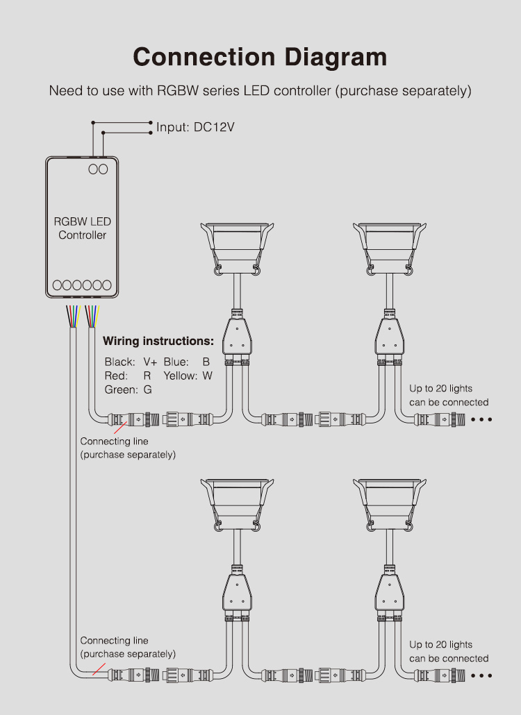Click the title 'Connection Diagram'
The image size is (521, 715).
coord(260,57)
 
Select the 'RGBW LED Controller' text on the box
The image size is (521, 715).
coord(83,228)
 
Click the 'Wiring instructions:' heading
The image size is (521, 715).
coord(158,341)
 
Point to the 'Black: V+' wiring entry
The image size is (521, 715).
coord(131,362)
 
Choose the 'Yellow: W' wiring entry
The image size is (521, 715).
coord(188,376)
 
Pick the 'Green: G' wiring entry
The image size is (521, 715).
coord(129,390)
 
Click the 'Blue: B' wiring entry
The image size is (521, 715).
coord(187,362)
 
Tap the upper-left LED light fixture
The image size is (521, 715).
coord(236,247)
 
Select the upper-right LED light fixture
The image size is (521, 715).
coord(389,247)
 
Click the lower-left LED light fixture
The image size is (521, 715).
coord(236,504)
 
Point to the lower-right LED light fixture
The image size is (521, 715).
coord(389,504)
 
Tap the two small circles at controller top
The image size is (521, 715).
coord(98,169)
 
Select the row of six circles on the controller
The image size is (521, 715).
coord(82,285)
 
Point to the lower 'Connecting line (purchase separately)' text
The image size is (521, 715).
coord(128,647)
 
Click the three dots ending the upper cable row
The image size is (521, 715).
coord(481,419)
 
